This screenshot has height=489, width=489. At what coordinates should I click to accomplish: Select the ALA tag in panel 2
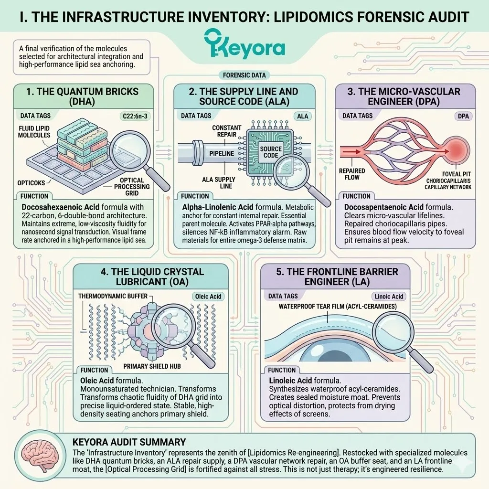[303, 116]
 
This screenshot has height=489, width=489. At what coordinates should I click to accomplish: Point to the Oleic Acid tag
[208, 297]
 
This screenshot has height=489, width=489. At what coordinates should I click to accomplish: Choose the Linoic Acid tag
[389, 297]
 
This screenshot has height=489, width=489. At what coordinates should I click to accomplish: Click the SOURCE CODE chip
[271, 152]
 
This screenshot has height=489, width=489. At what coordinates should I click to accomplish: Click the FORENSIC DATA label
[244, 75]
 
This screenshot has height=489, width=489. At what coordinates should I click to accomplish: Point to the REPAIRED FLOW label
[352, 173]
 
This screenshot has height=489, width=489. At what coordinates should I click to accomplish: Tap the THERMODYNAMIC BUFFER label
[113, 296]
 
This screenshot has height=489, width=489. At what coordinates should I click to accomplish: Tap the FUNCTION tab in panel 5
[282, 370]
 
